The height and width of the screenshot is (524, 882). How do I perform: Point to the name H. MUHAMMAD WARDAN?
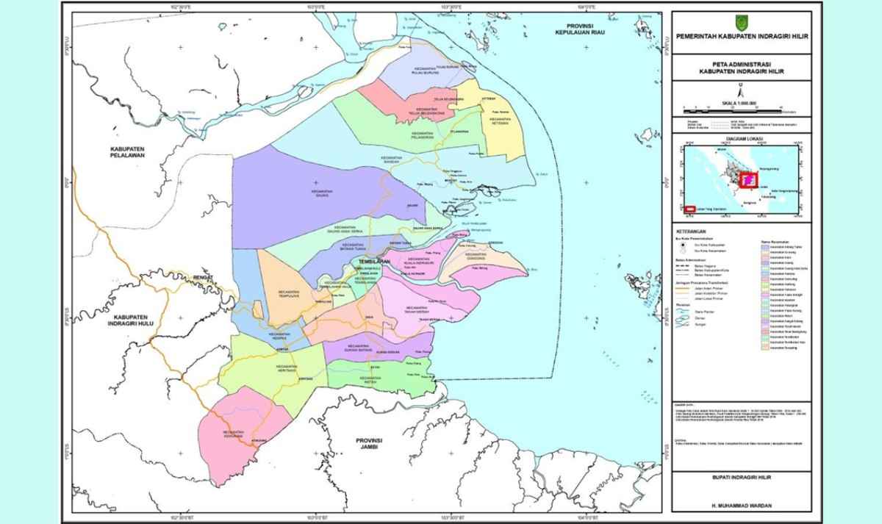pyautogui.click(x=741, y=506)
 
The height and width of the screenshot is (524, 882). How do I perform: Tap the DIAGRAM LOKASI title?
pyautogui.click(x=741, y=137)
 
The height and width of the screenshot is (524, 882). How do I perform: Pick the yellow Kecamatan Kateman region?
pyautogui.click(x=503, y=132)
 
